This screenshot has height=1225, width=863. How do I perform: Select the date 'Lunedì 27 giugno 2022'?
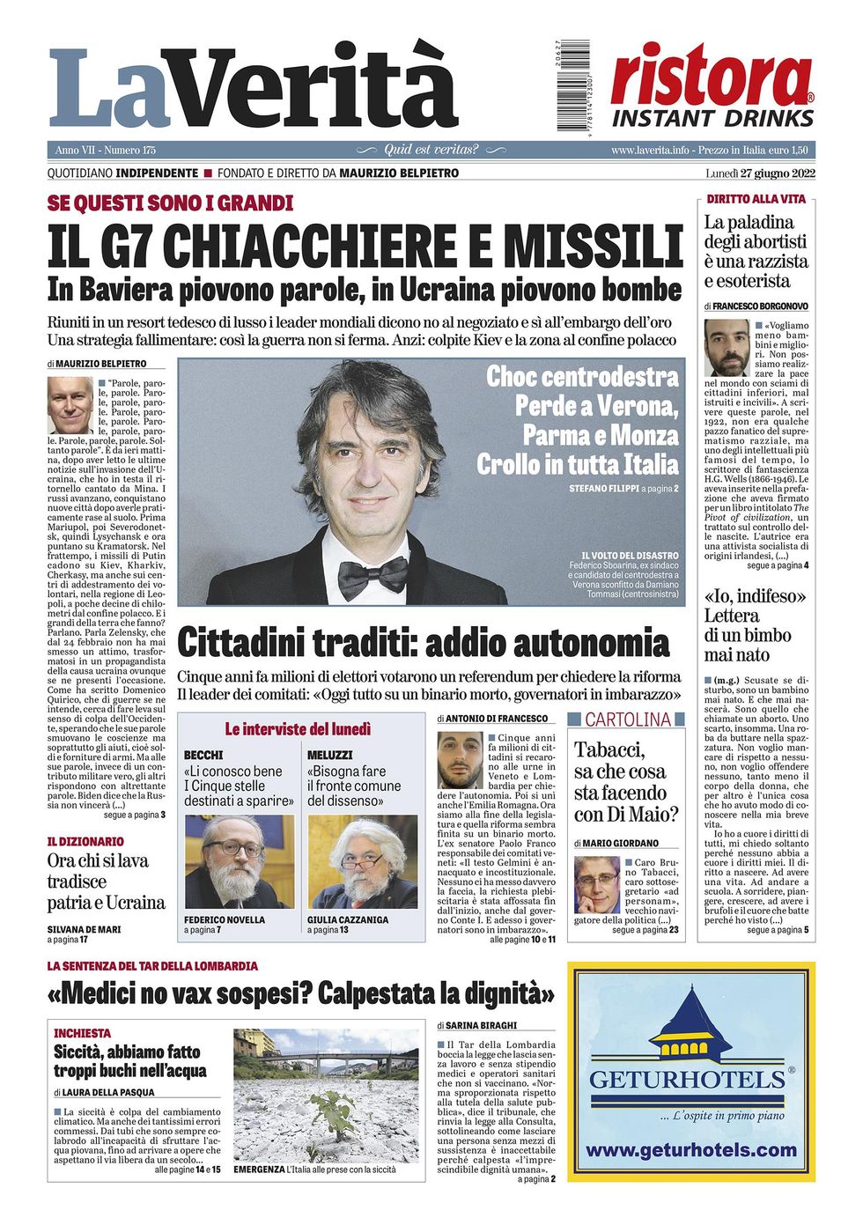[x=756, y=173]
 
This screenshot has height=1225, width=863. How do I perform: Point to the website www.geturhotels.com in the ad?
[x=690, y=1150]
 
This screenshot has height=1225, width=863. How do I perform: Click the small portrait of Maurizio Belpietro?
[x=70, y=405]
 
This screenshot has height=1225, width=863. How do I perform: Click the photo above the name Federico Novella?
[x=239, y=861]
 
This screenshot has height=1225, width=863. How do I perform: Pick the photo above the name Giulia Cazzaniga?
[x=362, y=861]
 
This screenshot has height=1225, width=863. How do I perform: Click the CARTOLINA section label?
[x=628, y=720]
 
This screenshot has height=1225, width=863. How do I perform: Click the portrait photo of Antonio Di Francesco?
[x=460, y=760]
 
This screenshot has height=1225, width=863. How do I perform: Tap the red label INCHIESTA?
[x=83, y=1033]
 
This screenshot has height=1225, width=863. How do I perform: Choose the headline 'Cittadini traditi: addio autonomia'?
[x=423, y=643]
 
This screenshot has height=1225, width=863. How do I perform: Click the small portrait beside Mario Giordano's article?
[x=596, y=884]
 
